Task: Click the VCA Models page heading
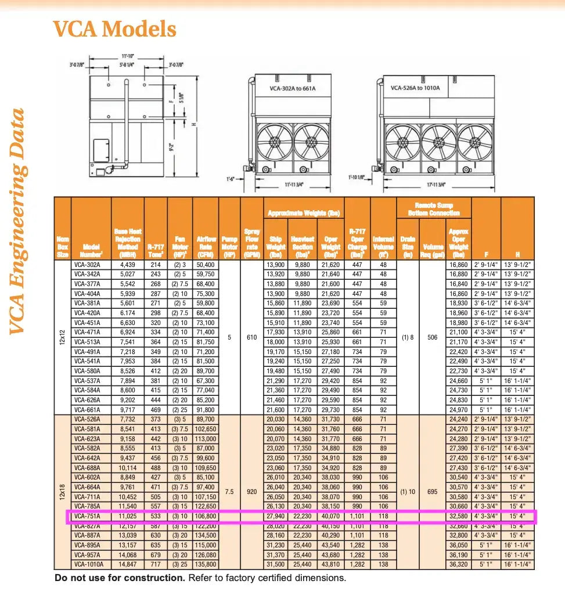pos(114,28)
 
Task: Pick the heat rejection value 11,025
pos(128,516)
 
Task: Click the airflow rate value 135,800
pos(206,564)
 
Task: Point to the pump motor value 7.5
pos(229,491)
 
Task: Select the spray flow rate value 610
pos(251,337)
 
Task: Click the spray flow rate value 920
pos(251,491)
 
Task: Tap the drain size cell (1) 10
pos(408,491)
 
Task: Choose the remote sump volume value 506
pos(433,337)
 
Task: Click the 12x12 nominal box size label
pos(62,337)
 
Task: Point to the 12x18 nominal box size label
pos(62,491)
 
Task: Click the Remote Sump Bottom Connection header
pos(434,209)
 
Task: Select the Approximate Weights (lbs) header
pos(304,213)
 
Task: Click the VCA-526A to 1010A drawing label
pos(415,88)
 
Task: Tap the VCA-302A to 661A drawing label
pos(292,89)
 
